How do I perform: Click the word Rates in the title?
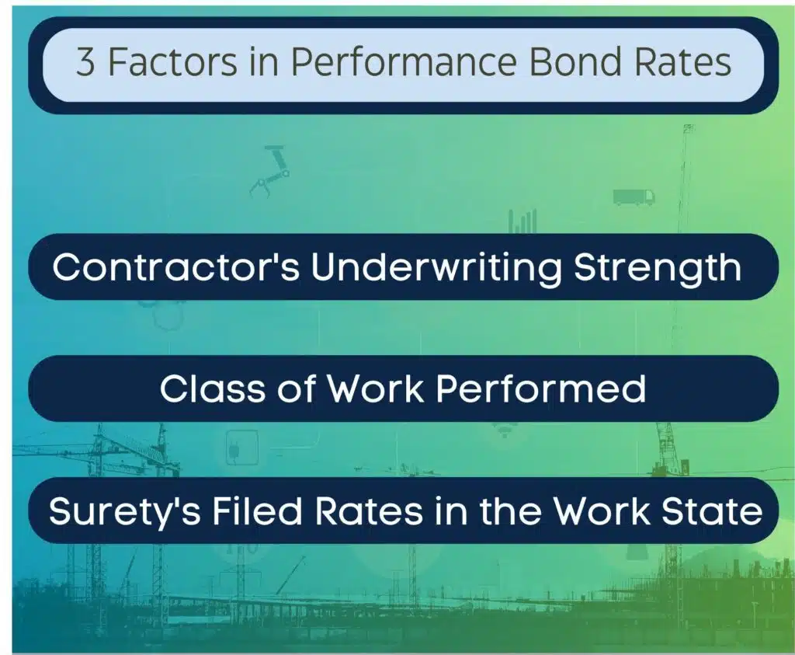(x=684, y=63)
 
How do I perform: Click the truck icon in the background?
(x=634, y=197)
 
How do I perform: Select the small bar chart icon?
(x=523, y=221)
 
